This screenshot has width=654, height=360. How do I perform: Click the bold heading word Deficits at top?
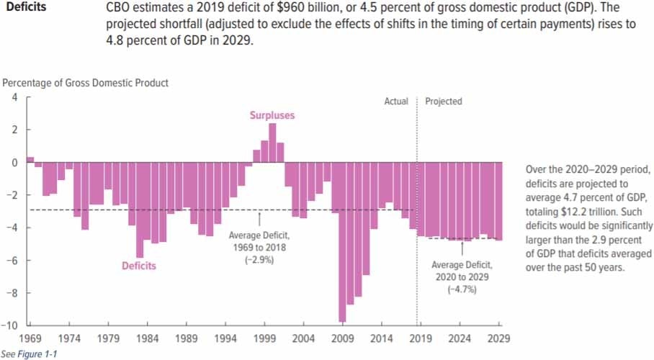(26, 7)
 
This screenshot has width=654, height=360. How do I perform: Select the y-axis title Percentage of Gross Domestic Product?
(85, 83)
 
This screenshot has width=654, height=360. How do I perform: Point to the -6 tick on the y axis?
(12, 261)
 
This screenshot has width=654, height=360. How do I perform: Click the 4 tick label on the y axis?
(14, 97)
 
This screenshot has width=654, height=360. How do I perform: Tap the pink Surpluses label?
(272, 115)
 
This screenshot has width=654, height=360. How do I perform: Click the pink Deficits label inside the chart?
(139, 266)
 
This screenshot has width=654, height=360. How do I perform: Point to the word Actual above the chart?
(396, 102)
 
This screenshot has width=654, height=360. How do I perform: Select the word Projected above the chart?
(444, 102)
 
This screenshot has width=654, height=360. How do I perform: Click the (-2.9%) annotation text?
(259, 259)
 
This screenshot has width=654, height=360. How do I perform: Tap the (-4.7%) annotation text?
(462, 289)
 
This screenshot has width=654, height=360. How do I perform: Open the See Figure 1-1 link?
(29, 354)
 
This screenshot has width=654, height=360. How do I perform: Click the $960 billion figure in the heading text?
(297, 7)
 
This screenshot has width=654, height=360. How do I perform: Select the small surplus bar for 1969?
(30, 159)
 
